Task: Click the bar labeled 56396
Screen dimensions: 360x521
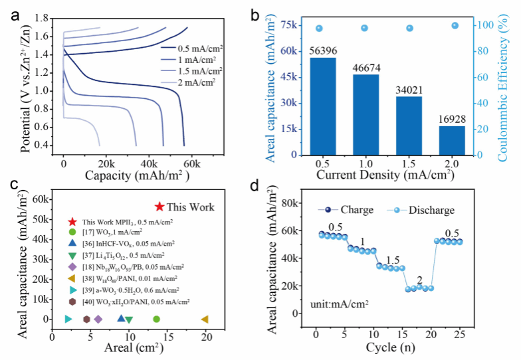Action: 323,106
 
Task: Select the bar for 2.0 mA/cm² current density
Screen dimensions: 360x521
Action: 451,140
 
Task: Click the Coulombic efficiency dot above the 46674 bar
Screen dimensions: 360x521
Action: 364,28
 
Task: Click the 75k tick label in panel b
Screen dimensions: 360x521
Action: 290,25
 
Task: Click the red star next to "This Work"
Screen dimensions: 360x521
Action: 159,207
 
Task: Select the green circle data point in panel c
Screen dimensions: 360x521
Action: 156,319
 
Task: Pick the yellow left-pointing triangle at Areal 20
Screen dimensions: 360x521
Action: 205,319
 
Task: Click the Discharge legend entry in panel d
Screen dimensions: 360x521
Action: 431,210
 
